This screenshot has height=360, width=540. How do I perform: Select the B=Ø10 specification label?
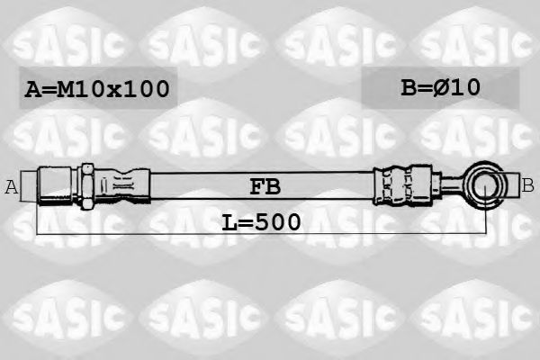(x=440, y=87)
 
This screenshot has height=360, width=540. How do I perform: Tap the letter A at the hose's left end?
(x=12, y=187)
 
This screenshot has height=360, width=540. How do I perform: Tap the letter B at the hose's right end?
(x=528, y=185)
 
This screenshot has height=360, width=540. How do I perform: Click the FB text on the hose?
(x=265, y=187)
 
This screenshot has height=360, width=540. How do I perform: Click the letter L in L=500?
(x=229, y=220)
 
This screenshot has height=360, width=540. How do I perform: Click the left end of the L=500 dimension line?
(x=38, y=232)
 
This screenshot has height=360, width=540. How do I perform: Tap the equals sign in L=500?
(x=246, y=221)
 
